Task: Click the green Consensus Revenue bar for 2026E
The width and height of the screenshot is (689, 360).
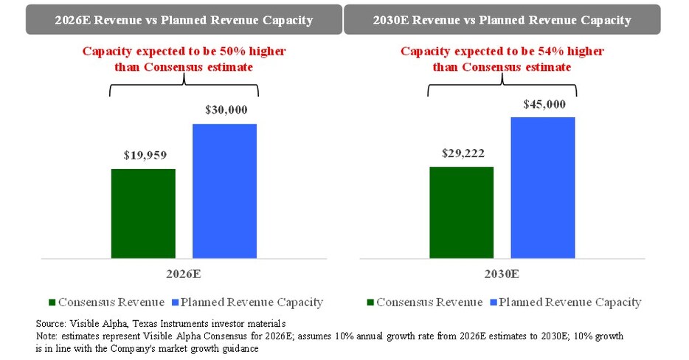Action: (x=143, y=213)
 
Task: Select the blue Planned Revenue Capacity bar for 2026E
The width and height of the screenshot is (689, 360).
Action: (x=224, y=191)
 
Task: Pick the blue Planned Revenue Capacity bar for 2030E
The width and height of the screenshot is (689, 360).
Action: (x=543, y=187)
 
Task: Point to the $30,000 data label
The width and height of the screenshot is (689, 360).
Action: (x=226, y=110)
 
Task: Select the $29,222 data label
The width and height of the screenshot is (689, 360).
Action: (x=463, y=153)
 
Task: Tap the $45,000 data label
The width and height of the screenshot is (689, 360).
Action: (x=544, y=104)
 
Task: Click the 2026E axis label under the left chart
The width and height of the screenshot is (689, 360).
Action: (x=183, y=274)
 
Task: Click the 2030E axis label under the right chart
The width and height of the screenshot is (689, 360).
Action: (x=502, y=274)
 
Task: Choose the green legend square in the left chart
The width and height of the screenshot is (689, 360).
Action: (x=52, y=302)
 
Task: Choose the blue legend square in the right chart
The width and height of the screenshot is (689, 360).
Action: (x=493, y=302)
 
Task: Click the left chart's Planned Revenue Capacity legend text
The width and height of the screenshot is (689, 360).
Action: (x=252, y=302)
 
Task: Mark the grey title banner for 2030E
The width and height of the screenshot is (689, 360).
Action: (x=502, y=20)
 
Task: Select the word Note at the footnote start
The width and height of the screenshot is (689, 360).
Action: (x=46, y=336)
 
